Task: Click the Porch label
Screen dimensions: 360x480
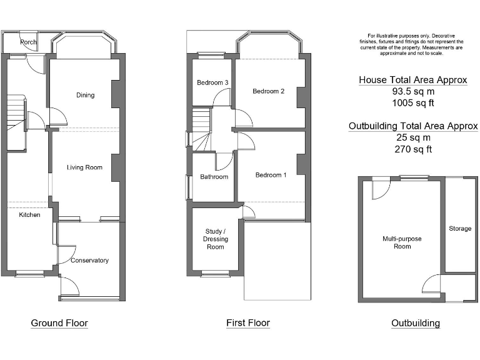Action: pyautogui.click(x=29, y=42)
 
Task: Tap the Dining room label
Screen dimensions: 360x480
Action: pyautogui.click(x=85, y=96)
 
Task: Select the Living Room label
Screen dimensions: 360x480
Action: pyautogui.click(x=85, y=167)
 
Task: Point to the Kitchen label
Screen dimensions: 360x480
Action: pyautogui.click(x=29, y=215)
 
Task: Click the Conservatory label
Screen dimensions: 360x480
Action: pyautogui.click(x=89, y=261)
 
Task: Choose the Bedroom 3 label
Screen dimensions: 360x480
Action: pyautogui.click(x=212, y=82)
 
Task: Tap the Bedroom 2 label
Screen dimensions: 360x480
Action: pyautogui.click(x=269, y=91)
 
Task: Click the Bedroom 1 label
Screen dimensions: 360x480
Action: pyautogui.click(x=271, y=175)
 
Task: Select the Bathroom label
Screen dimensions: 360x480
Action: pyautogui.click(x=214, y=177)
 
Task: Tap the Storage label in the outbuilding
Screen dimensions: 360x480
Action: pyautogui.click(x=460, y=229)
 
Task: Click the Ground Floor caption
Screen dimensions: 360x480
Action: pyautogui.click(x=59, y=323)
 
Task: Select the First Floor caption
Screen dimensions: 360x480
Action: pyautogui.click(x=248, y=323)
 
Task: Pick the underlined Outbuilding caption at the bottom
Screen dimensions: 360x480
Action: pyautogui.click(x=416, y=323)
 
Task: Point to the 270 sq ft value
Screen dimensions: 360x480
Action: pyautogui.click(x=413, y=149)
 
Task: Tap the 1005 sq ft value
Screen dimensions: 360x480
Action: pyautogui.click(x=412, y=102)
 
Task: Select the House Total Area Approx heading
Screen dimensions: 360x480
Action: pyautogui.click(x=413, y=80)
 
